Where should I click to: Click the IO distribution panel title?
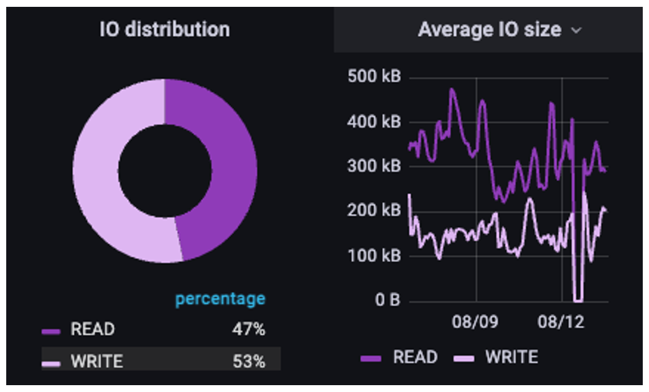tap(164, 29)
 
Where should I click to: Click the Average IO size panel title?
tap(489, 29)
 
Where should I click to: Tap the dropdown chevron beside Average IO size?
tap(576, 30)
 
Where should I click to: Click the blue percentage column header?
tap(220, 299)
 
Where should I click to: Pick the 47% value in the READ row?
tap(249, 329)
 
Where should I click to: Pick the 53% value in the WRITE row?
tap(249, 361)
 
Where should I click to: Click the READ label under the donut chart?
tap(93, 329)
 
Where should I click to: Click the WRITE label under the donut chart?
tap(96, 361)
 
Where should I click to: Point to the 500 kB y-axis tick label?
tap(373, 77)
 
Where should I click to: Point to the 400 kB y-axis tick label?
tap(373, 122)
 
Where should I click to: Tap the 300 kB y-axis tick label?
tap(373, 167)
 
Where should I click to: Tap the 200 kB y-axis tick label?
tap(373, 211)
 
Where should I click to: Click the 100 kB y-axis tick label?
tap(373, 256)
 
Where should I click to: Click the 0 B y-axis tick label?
tap(387, 301)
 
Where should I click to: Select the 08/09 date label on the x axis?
tap(475, 323)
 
